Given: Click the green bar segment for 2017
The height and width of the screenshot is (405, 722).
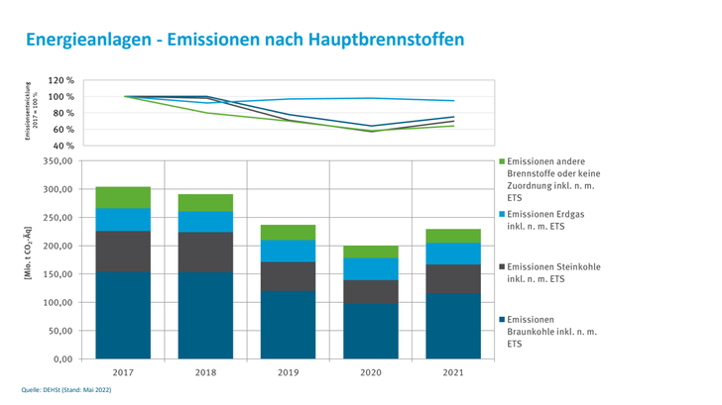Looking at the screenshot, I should (123, 197).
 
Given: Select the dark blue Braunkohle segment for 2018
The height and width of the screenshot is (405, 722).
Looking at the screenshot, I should (205, 315).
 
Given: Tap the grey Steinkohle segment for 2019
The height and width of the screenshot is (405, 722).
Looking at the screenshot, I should (288, 275).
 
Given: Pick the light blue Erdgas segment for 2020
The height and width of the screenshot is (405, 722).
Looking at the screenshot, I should (370, 268).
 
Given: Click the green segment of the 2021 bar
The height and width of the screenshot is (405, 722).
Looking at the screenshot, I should (452, 236).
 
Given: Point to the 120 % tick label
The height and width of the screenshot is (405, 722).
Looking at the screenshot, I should (61, 80).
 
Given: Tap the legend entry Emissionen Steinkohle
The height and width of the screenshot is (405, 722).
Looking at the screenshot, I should (559, 272).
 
